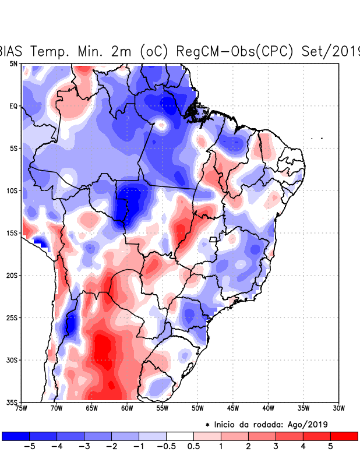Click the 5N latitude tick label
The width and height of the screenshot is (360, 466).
[13, 63]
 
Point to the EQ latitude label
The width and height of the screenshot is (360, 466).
[13, 106]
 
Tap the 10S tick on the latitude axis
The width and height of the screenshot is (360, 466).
[12, 190]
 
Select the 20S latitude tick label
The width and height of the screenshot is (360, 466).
[12, 275]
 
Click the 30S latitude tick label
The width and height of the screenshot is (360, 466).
[12, 359]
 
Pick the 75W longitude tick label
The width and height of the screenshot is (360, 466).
[22, 408]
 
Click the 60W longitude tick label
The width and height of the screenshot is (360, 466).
[126, 408]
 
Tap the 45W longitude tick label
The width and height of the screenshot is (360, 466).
[232, 408]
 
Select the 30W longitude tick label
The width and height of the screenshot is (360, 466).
[338, 408]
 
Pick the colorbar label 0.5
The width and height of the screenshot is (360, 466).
[194, 447]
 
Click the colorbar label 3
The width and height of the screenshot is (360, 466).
[276, 447]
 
